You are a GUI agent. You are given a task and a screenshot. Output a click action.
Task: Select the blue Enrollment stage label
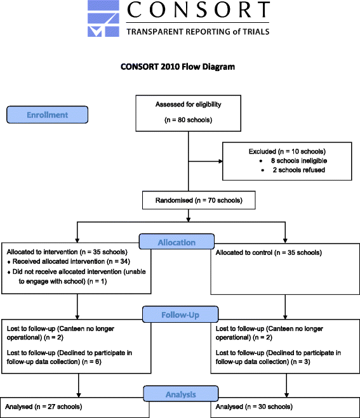pos(48,115)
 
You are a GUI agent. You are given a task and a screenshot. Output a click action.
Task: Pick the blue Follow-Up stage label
pos(180,313)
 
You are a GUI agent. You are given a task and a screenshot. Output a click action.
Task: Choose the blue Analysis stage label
pos(180,394)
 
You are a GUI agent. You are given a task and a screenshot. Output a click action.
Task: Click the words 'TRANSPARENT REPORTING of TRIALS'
pos(197,31)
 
